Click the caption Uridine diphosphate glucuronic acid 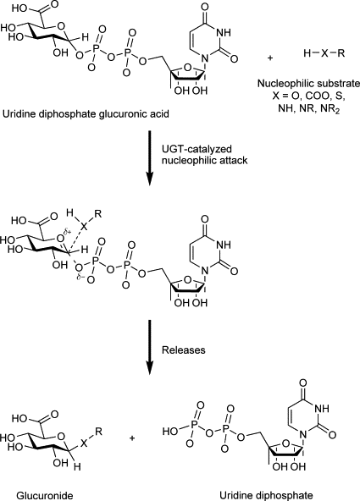[86, 114]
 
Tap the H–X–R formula [324, 53]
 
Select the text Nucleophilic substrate [308, 84]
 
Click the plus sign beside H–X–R [270, 58]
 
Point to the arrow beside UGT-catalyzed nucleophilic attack [149, 158]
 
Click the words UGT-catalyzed [197, 149]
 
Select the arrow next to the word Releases [149, 347]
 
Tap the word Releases [183, 350]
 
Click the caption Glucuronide [45, 496]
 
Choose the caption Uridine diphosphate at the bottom [266, 496]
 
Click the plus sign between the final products [132, 438]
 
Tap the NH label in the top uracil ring [224, 33]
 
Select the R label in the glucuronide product [98, 432]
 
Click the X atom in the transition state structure [83, 227]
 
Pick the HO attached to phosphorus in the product [169, 432]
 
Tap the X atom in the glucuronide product [84, 443]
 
